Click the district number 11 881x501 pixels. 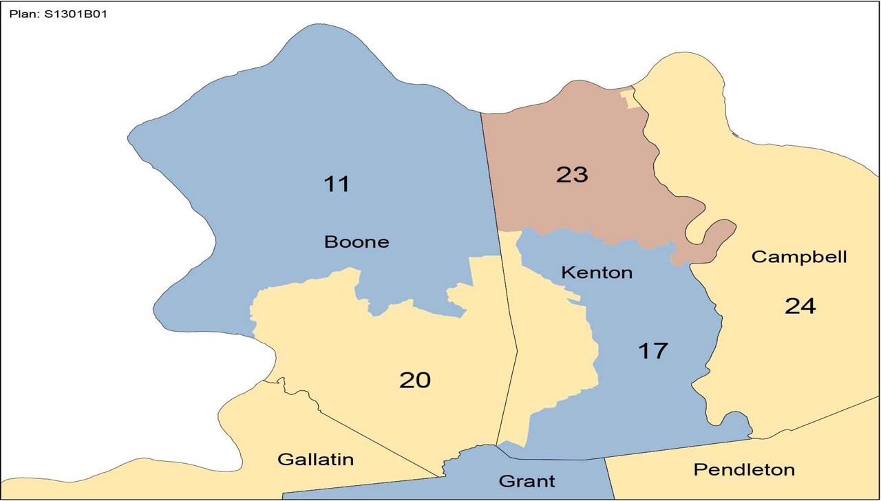[337, 184]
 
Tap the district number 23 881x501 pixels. [572, 175]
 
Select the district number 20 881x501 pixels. [415, 379]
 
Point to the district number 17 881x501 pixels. [652, 350]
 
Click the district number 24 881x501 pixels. [800, 306]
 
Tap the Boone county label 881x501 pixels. [357, 242]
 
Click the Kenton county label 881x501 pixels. [597, 273]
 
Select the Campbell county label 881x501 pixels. [799, 257]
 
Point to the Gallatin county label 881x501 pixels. [315, 459]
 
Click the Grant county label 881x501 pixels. [527, 480]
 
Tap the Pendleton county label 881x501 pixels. [744, 470]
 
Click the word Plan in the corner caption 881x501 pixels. [21, 13]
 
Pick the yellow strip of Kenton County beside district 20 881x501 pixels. [551, 344]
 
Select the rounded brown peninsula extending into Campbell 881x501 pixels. [719, 236]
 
